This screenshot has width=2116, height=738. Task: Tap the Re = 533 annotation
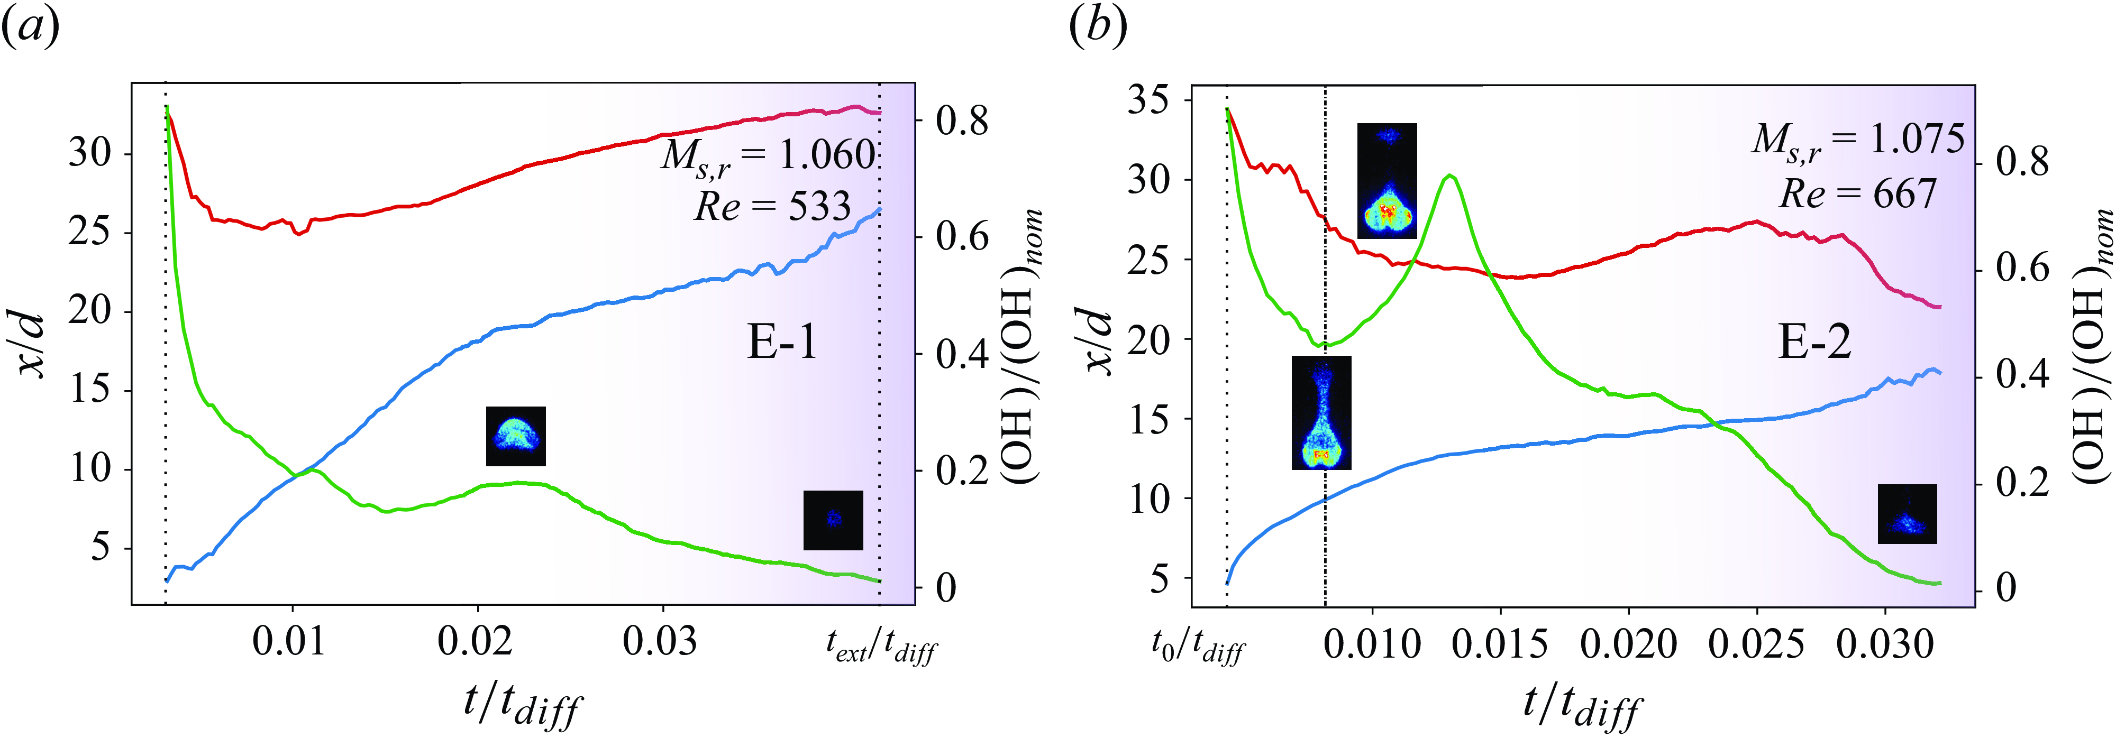(772, 206)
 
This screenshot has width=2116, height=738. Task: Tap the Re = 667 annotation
(1858, 195)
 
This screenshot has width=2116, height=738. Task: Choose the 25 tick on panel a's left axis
(89, 232)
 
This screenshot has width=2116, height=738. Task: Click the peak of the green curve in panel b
(1451, 176)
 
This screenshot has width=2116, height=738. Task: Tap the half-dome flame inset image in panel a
(516, 436)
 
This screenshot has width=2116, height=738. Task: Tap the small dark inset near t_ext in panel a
(833, 520)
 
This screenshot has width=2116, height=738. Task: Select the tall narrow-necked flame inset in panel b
(1321, 412)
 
